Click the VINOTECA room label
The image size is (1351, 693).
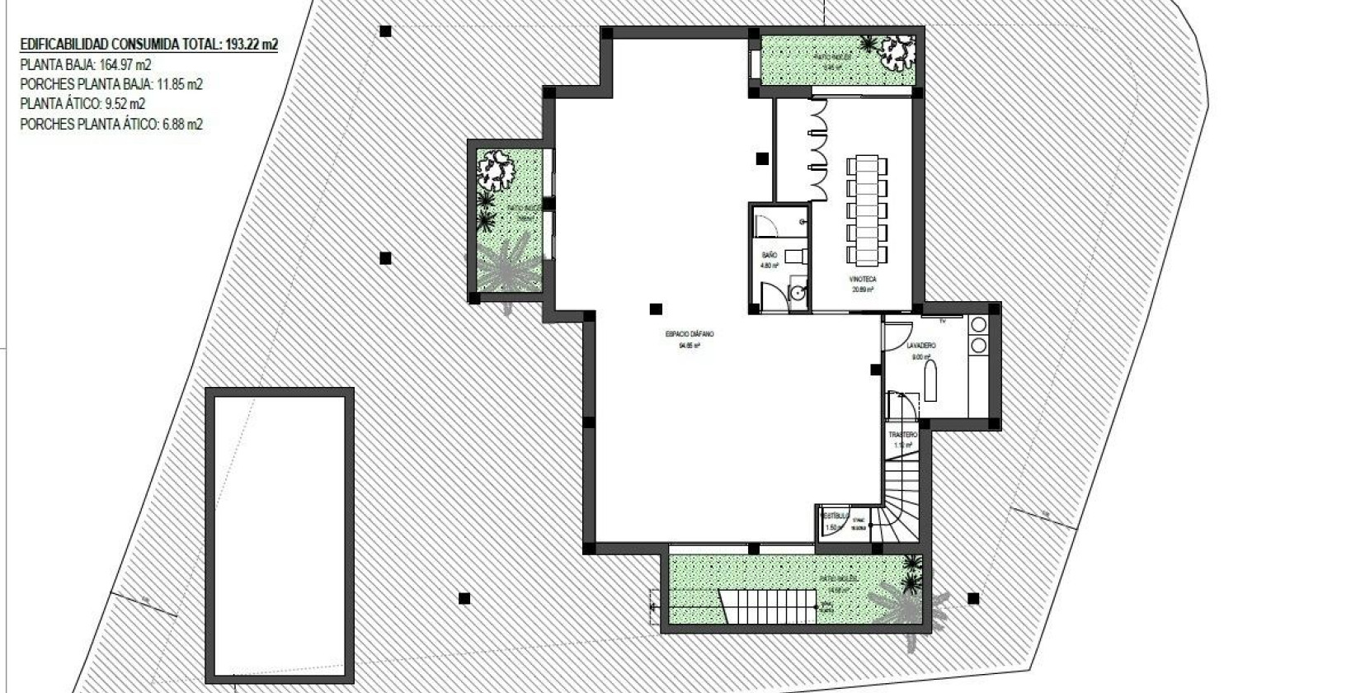863,280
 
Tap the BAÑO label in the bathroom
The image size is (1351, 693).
769,256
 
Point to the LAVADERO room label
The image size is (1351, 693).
920,346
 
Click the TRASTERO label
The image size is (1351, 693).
903,434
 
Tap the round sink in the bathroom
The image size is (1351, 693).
797,293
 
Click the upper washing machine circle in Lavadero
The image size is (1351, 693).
979,324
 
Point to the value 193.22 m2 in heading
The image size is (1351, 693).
251,45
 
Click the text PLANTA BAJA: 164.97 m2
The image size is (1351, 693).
85,64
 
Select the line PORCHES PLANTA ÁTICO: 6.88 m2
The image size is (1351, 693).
111,125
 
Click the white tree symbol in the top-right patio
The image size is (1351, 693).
897,55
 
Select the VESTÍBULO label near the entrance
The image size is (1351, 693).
834,513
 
